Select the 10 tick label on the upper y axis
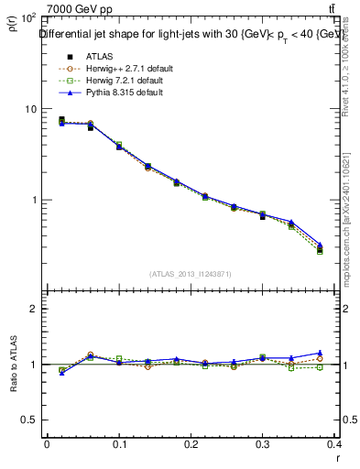pos(29,109)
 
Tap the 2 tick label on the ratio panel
pos(34,310)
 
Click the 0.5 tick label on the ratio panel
pos(29,420)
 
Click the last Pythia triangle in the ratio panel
pos(345,353)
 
